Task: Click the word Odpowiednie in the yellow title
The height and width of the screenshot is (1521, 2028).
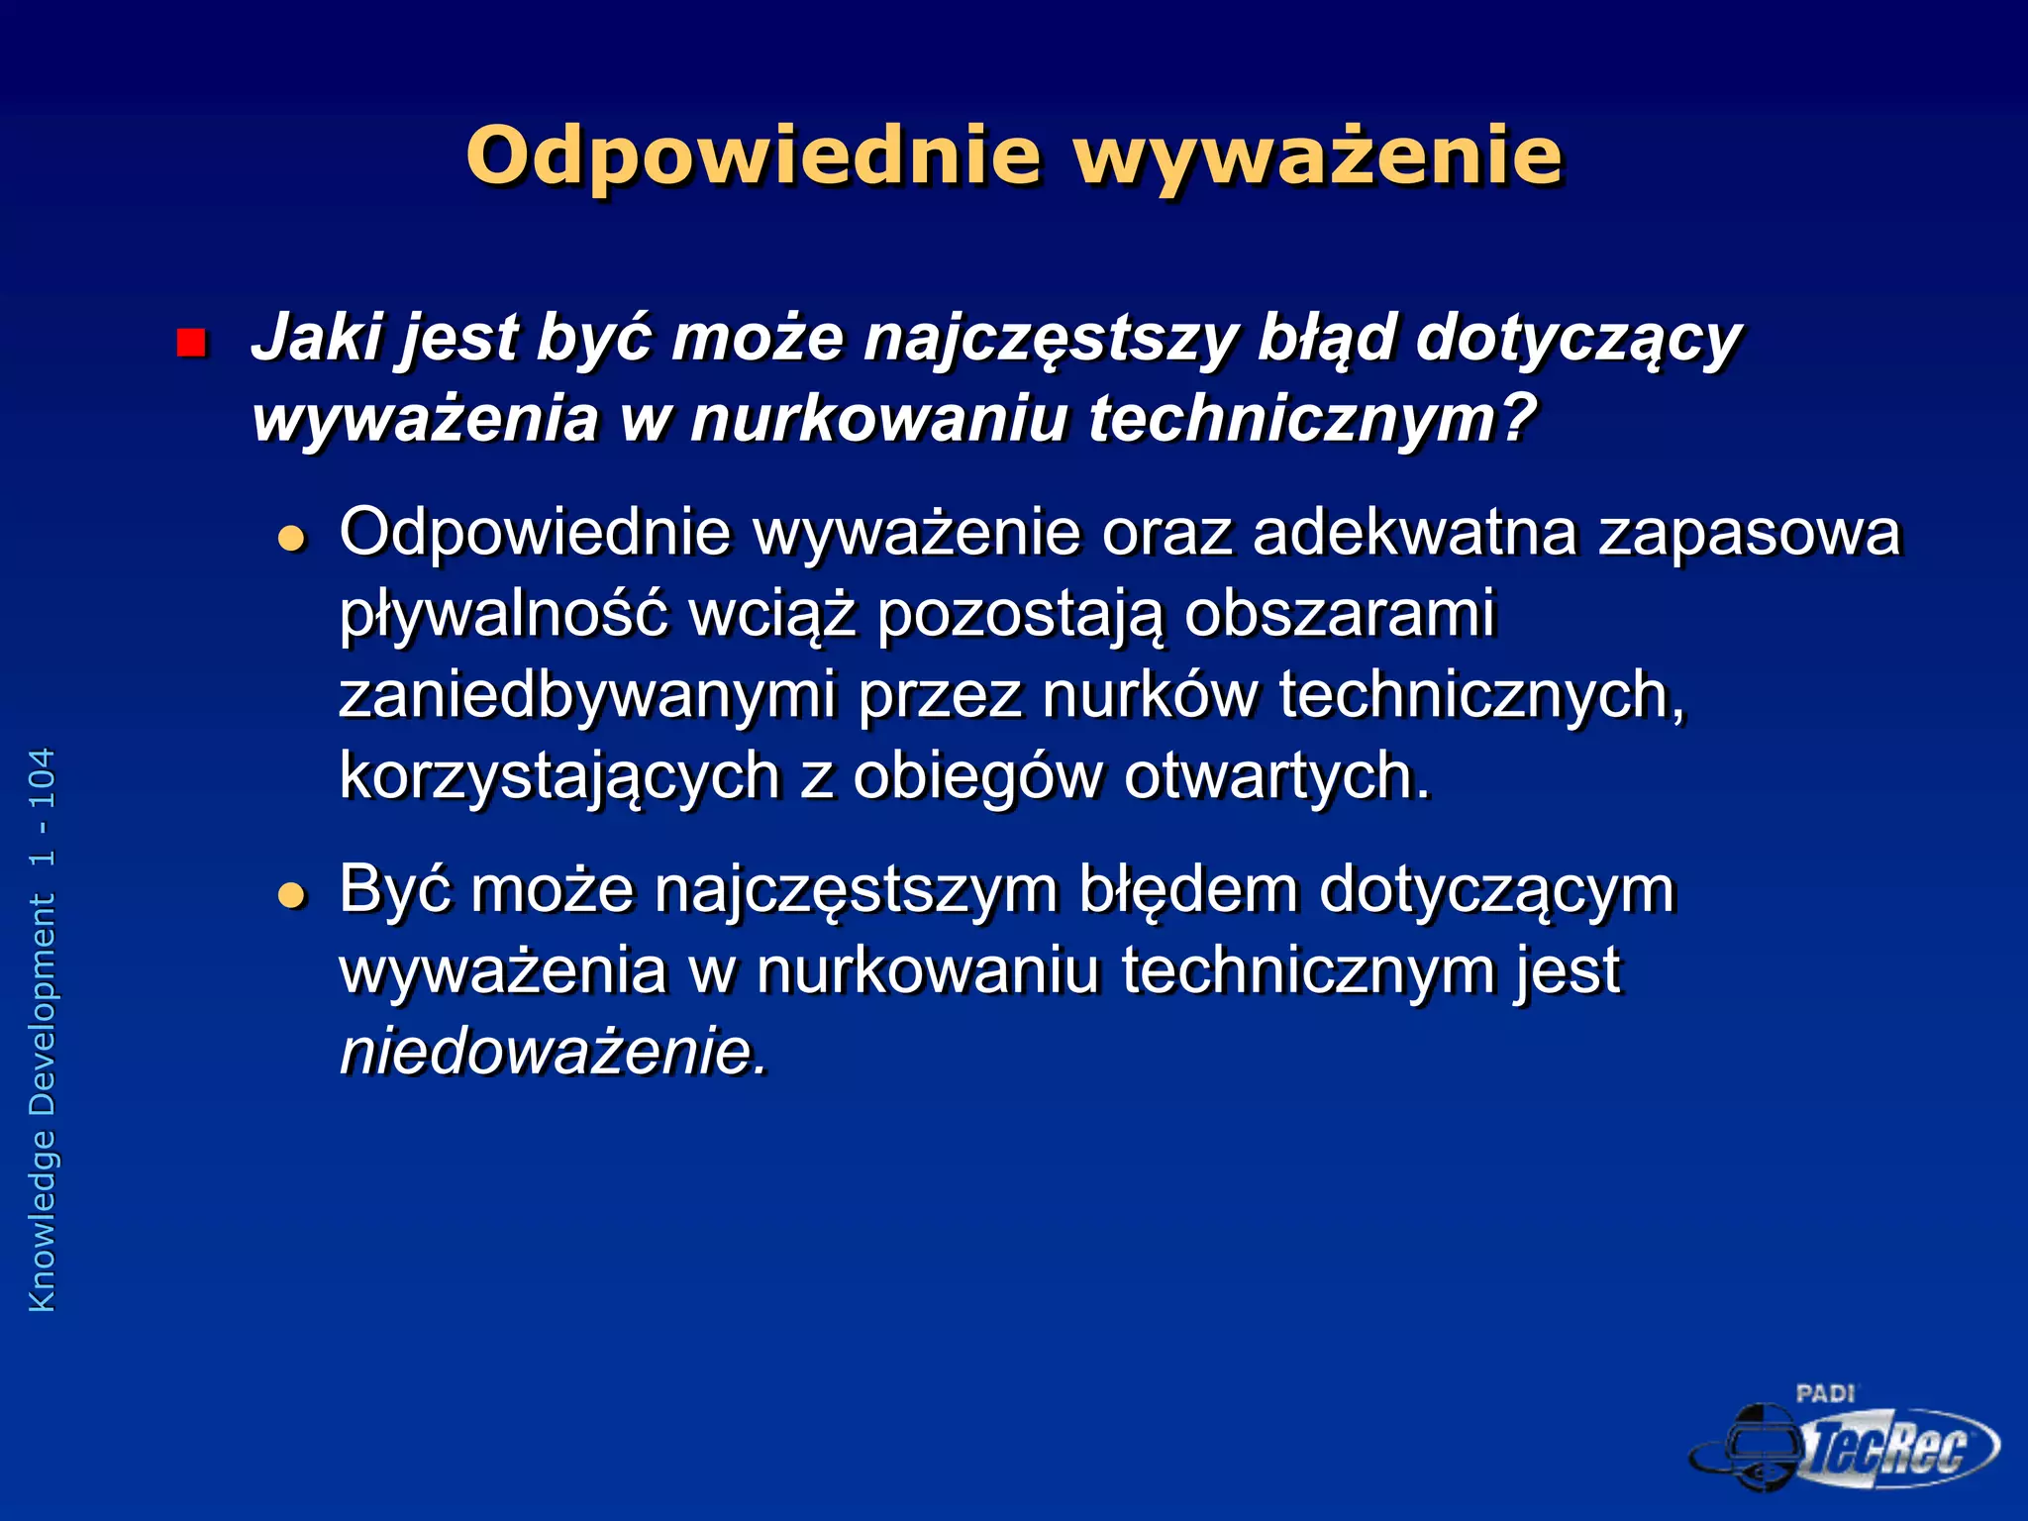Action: tap(753, 156)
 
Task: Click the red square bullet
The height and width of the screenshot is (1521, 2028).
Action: tap(190, 343)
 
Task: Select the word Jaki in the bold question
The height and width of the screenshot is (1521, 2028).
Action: tap(317, 339)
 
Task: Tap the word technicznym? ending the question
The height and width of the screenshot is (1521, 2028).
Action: tap(1312, 420)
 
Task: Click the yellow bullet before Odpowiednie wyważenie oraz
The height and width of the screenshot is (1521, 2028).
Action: tap(291, 539)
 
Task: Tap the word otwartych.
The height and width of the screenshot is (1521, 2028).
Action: tap(1277, 776)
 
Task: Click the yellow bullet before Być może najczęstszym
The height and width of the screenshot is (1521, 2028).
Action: tap(291, 895)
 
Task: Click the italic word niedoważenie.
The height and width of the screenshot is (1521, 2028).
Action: tap(553, 1052)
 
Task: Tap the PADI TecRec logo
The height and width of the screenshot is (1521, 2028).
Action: tap(1844, 1440)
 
